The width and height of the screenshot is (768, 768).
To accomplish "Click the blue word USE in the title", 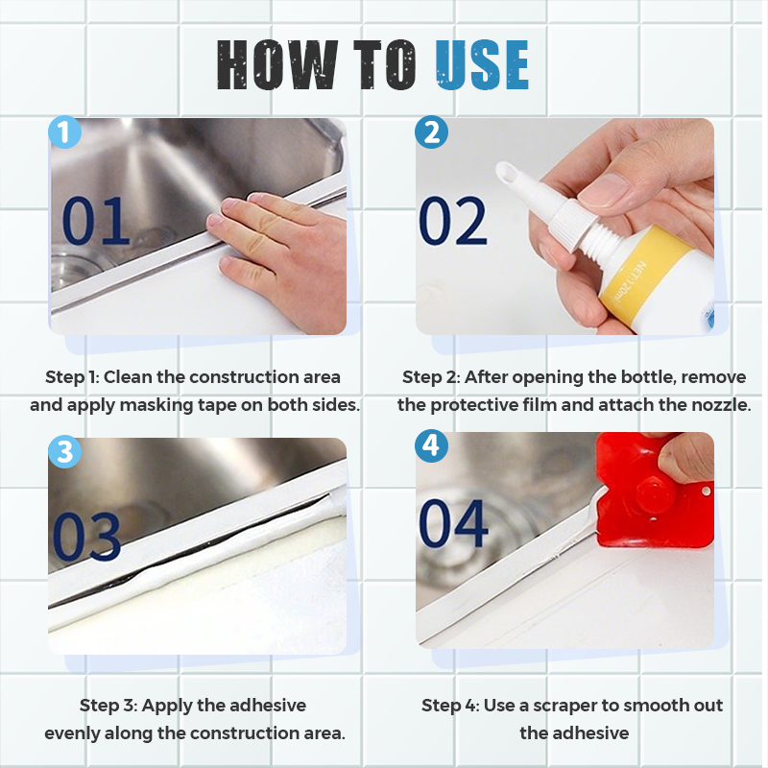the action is point(482,64).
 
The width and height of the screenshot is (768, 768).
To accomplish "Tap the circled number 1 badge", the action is point(64,132).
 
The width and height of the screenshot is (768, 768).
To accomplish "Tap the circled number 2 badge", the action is point(431,132).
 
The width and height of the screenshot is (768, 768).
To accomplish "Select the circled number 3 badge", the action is point(64,451).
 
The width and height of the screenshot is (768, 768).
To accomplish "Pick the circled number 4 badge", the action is point(431,445).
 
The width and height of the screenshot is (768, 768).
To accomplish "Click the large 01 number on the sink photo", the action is point(95,221).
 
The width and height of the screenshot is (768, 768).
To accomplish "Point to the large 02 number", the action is point(453,221).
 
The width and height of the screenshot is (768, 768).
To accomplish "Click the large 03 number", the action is point(86,537).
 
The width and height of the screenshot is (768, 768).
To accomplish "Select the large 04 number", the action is point(453,523).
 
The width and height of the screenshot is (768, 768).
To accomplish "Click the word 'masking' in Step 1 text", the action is point(151,405).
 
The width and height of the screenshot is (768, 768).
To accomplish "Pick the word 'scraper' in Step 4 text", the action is point(564,706).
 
